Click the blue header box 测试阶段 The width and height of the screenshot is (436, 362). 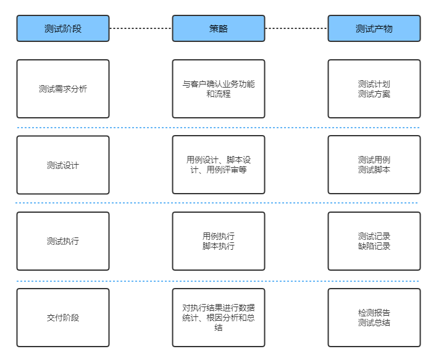pyautogui.click(x=63, y=28)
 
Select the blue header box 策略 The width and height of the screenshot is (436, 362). pyautogui.click(x=219, y=28)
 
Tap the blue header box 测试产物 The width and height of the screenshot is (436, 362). pyautogui.click(x=374, y=28)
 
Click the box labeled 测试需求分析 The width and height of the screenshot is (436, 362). pyautogui.click(x=63, y=89)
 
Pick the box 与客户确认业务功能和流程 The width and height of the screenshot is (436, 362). pyautogui.click(x=219, y=89)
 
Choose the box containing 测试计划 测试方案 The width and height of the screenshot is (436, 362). pyautogui.click(x=374, y=89)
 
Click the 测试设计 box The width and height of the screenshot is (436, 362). pyautogui.click(x=63, y=165)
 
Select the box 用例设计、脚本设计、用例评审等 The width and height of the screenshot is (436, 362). pyautogui.click(x=219, y=165)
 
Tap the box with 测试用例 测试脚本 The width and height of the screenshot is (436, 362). pyautogui.click(x=374, y=165)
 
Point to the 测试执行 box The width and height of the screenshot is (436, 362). pyautogui.click(x=63, y=241)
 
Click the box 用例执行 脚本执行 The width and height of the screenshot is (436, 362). pyautogui.click(x=219, y=241)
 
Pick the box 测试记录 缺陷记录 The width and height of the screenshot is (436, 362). pyautogui.click(x=374, y=241)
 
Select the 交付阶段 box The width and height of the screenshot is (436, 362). pyautogui.click(x=63, y=318)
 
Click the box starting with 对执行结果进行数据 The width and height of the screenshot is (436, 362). pyautogui.click(x=219, y=318)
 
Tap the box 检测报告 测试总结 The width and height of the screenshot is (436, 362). pyautogui.click(x=374, y=318)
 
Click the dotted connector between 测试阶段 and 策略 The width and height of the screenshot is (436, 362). pyautogui.click(x=141, y=28)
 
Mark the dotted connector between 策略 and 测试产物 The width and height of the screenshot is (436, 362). pyautogui.click(x=296, y=28)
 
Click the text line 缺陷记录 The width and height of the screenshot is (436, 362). pyautogui.click(x=374, y=246)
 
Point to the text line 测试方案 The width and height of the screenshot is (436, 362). pyautogui.click(x=374, y=94)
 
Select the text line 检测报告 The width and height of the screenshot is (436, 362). pyautogui.click(x=374, y=313)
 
